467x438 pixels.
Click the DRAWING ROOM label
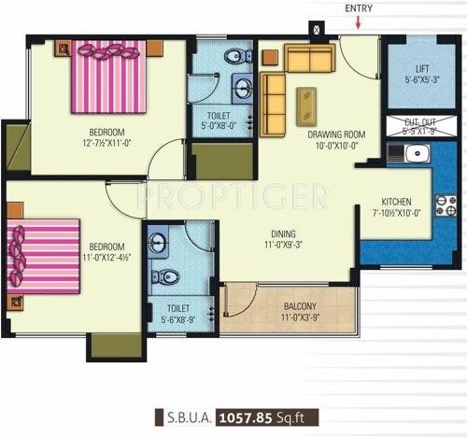(x=336, y=134)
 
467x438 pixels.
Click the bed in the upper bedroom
(x=105, y=78)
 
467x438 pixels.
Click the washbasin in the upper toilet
(x=243, y=91)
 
